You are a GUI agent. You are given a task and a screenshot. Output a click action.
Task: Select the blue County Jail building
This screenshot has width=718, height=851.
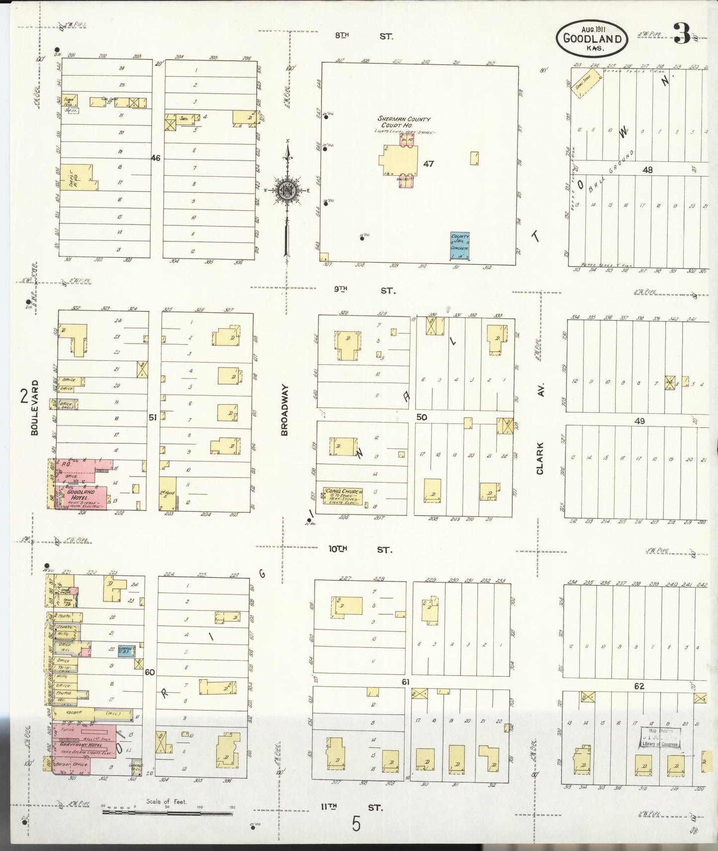coord(460,245)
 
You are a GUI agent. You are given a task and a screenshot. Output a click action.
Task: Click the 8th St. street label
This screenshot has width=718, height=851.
coord(364,36)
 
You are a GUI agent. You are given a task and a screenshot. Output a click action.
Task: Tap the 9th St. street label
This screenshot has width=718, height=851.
coord(364,290)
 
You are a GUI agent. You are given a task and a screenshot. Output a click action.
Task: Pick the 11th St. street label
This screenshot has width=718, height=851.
coord(351,807)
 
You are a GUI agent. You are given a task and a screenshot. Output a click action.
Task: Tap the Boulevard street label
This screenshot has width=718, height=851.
coord(34,408)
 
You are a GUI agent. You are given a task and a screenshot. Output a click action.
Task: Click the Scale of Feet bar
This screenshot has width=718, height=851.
coord(168,813)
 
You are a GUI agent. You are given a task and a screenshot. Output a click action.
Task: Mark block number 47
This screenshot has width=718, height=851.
coord(428,163)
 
